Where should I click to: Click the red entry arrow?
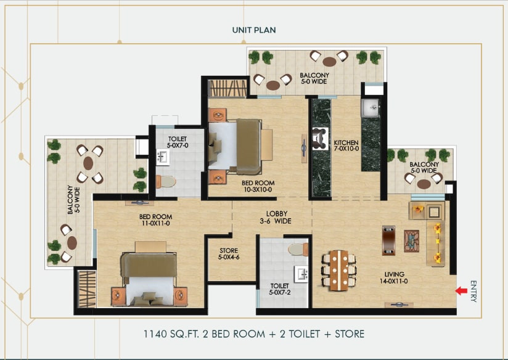click(x=461, y=291)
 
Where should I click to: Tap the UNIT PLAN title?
click(x=254, y=30)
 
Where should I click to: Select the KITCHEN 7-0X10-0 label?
click(x=346, y=145)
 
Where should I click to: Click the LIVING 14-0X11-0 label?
click(x=394, y=277)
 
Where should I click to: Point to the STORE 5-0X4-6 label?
click(x=229, y=254)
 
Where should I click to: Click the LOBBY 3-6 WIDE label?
click(x=276, y=218)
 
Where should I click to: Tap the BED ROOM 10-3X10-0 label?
click(x=258, y=186)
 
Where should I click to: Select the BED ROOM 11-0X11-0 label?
click(x=155, y=220)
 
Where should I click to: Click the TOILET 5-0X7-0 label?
click(x=178, y=142)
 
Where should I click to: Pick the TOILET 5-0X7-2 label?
click(x=280, y=289)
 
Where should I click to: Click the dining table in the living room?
click(x=339, y=270)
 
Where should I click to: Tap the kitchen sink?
click(x=371, y=108)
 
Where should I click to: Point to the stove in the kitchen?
click(x=320, y=139)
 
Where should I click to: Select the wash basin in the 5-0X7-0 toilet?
click(x=162, y=157)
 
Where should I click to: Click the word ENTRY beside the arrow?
click(x=473, y=291)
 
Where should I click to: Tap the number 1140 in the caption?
click(x=155, y=334)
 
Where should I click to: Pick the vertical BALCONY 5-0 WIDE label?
click(x=73, y=200)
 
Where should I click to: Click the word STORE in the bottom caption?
click(x=350, y=334)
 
